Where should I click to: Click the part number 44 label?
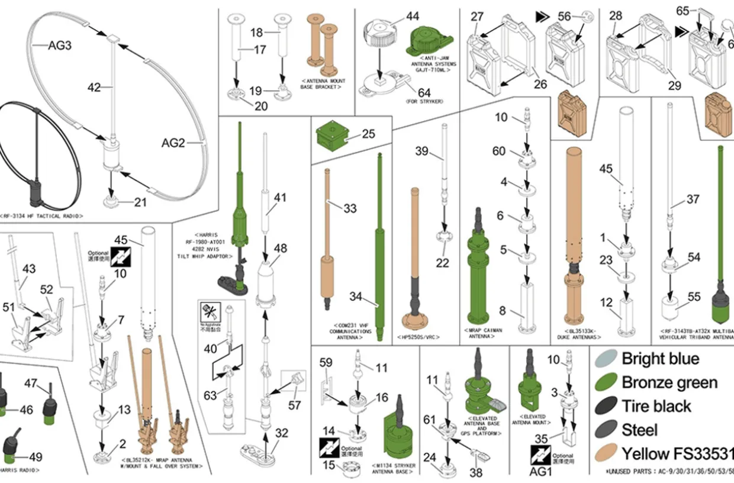[x=412, y=17]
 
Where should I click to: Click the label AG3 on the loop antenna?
[x=60, y=46]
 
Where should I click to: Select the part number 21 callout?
[x=140, y=202]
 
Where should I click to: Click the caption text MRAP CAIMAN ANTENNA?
[x=481, y=333]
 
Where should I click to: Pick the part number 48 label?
[x=280, y=248]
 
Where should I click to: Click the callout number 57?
[x=294, y=405]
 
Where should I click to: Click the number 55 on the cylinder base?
[x=693, y=297]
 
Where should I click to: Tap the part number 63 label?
[x=210, y=395]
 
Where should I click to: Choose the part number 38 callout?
[x=475, y=473]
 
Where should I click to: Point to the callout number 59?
[x=326, y=363]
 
